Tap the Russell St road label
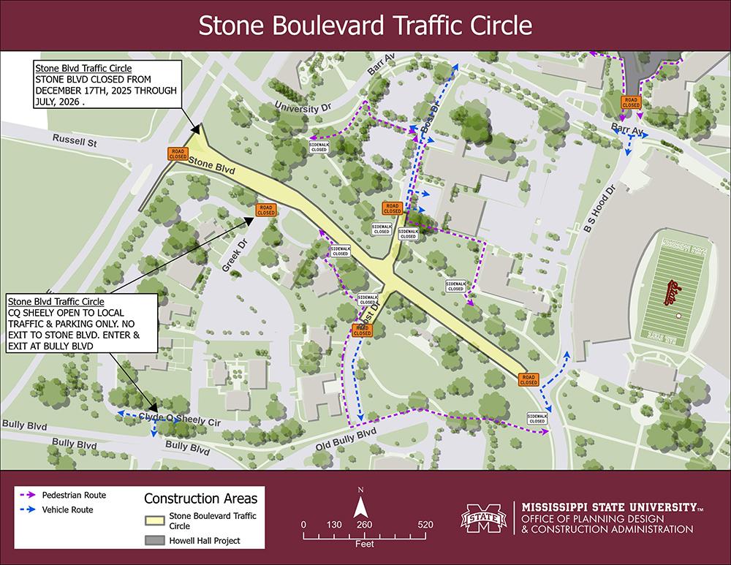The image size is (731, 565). (75, 139)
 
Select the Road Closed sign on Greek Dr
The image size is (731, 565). (265, 210)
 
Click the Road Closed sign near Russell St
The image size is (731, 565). (178, 153)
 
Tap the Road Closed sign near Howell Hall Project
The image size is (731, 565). (630, 102)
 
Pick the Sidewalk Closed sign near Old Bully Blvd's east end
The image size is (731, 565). (537, 418)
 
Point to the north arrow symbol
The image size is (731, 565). (360, 507)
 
